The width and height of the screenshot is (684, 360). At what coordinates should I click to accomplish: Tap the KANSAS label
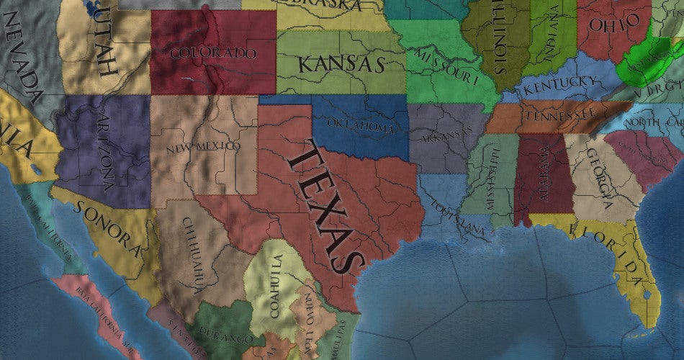341,64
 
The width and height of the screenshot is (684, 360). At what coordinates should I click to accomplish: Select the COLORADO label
213,53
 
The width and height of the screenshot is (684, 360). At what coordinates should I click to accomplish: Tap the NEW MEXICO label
203,147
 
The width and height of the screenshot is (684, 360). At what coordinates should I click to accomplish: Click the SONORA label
107,224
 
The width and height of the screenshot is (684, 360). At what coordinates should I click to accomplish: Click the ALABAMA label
543,176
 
